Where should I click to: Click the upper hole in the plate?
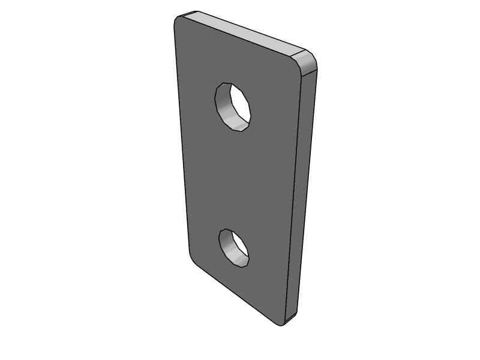(233, 106)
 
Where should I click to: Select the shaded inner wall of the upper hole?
(226, 108)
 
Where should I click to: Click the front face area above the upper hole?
(234, 60)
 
